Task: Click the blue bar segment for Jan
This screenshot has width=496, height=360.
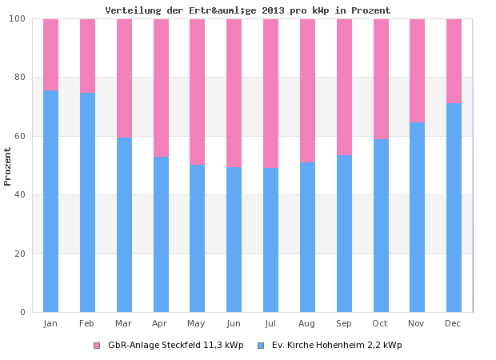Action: tap(50, 202)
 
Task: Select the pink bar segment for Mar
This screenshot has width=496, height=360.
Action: tap(124, 78)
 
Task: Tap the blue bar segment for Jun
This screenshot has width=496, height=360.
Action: tap(234, 240)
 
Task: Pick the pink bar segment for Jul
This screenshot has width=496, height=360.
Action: tap(270, 93)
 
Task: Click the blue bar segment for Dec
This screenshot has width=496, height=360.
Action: tap(454, 208)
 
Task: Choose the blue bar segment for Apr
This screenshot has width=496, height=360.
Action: tap(161, 234)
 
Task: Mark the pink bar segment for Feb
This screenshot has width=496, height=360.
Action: tap(87, 56)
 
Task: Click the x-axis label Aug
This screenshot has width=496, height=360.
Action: tap(307, 323)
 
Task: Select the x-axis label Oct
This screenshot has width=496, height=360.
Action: tap(380, 323)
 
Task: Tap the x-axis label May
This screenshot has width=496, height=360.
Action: tap(197, 323)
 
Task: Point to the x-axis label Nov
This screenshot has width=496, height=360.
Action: tap(417, 323)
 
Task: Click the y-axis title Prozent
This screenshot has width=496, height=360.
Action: tap(8, 166)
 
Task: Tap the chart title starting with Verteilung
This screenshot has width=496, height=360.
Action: tap(248, 10)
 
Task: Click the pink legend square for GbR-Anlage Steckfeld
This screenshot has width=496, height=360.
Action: tap(97, 346)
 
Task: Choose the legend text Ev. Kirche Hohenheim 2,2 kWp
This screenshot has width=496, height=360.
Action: tap(337, 346)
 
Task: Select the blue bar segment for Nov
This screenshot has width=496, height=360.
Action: tap(417, 218)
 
